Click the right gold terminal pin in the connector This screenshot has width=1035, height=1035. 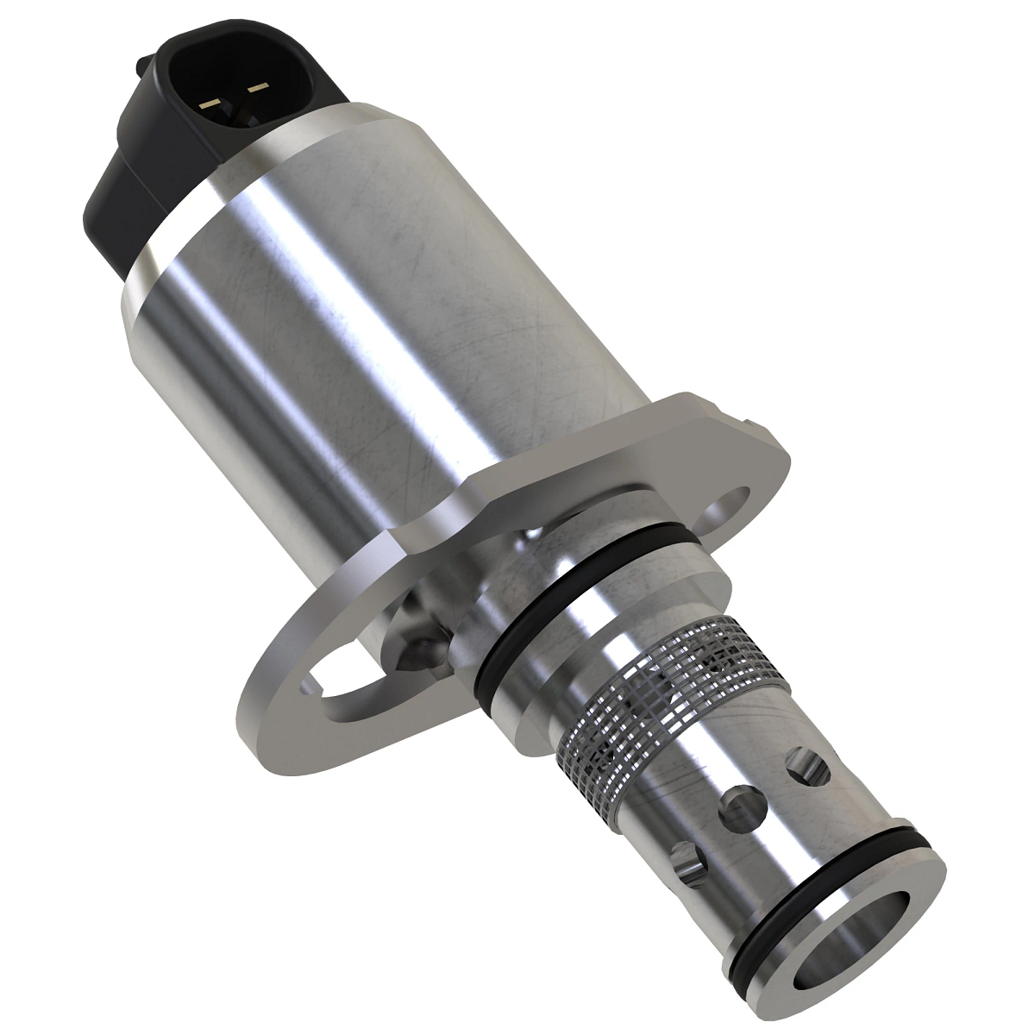(257, 87)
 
